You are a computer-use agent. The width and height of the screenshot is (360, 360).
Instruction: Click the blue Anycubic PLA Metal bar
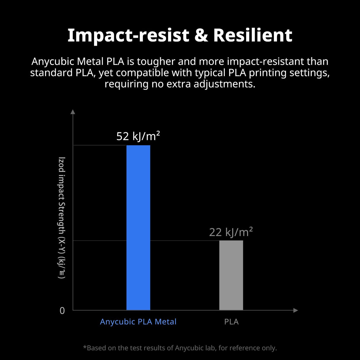pos(138,227)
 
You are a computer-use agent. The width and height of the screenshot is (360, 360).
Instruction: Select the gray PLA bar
pos(231,275)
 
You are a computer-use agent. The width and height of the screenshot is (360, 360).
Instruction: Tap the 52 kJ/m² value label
pos(138,136)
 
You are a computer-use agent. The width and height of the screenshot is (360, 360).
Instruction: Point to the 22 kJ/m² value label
pos(231,232)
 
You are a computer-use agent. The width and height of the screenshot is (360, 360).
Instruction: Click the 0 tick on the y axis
pos(62,310)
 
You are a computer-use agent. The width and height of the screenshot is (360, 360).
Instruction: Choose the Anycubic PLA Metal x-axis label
pos(138,322)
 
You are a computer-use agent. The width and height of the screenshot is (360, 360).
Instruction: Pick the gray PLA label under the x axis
pos(231,322)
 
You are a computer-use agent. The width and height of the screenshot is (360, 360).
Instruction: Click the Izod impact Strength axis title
pos(62,218)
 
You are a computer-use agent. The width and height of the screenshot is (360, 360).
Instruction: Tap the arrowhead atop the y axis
pos(73,112)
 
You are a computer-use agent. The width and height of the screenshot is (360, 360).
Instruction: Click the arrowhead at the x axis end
pos(295,310)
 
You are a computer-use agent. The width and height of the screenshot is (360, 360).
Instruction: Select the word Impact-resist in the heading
pos(128,35)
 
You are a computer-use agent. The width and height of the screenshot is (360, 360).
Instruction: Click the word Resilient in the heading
pos(253,35)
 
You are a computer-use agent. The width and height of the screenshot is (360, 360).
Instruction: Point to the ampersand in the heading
pos(201,35)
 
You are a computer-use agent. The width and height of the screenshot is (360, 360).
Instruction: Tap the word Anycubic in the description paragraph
pos(52,61)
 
